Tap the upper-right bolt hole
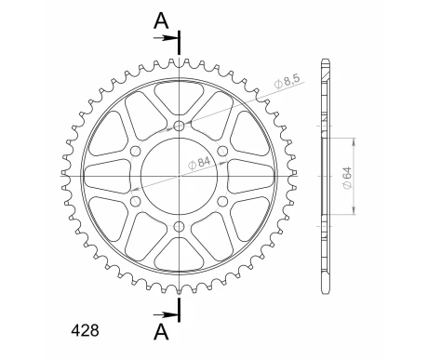tap(222, 151)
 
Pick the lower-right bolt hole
tap(222, 200)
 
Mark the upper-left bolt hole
tap(136, 151)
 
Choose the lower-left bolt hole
tap(136, 200)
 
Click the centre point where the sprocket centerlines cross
tap(180, 175)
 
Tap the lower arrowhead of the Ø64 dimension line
tap(355, 213)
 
